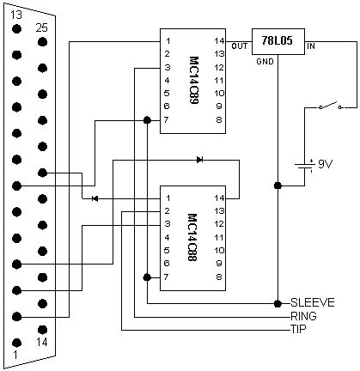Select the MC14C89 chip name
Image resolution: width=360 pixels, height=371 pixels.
(x=193, y=80)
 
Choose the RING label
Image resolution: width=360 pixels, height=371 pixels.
(x=303, y=315)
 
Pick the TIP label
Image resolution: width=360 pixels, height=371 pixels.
(x=298, y=328)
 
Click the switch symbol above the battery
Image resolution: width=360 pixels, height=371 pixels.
(x=325, y=106)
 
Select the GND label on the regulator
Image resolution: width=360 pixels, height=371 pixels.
(x=265, y=63)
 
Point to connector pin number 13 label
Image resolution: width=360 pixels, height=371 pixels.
(x=15, y=13)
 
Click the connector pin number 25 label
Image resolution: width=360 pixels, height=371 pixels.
(x=40, y=27)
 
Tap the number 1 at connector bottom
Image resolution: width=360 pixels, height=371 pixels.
(x=15, y=355)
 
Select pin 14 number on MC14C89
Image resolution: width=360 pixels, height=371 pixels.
(x=219, y=41)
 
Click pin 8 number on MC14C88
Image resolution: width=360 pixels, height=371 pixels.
(x=220, y=277)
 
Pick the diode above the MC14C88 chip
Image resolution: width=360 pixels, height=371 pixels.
(x=199, y=160)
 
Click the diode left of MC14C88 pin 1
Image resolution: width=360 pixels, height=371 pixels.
(x=95, y=198)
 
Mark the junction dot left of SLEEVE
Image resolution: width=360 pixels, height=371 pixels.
(x=278, y=302)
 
